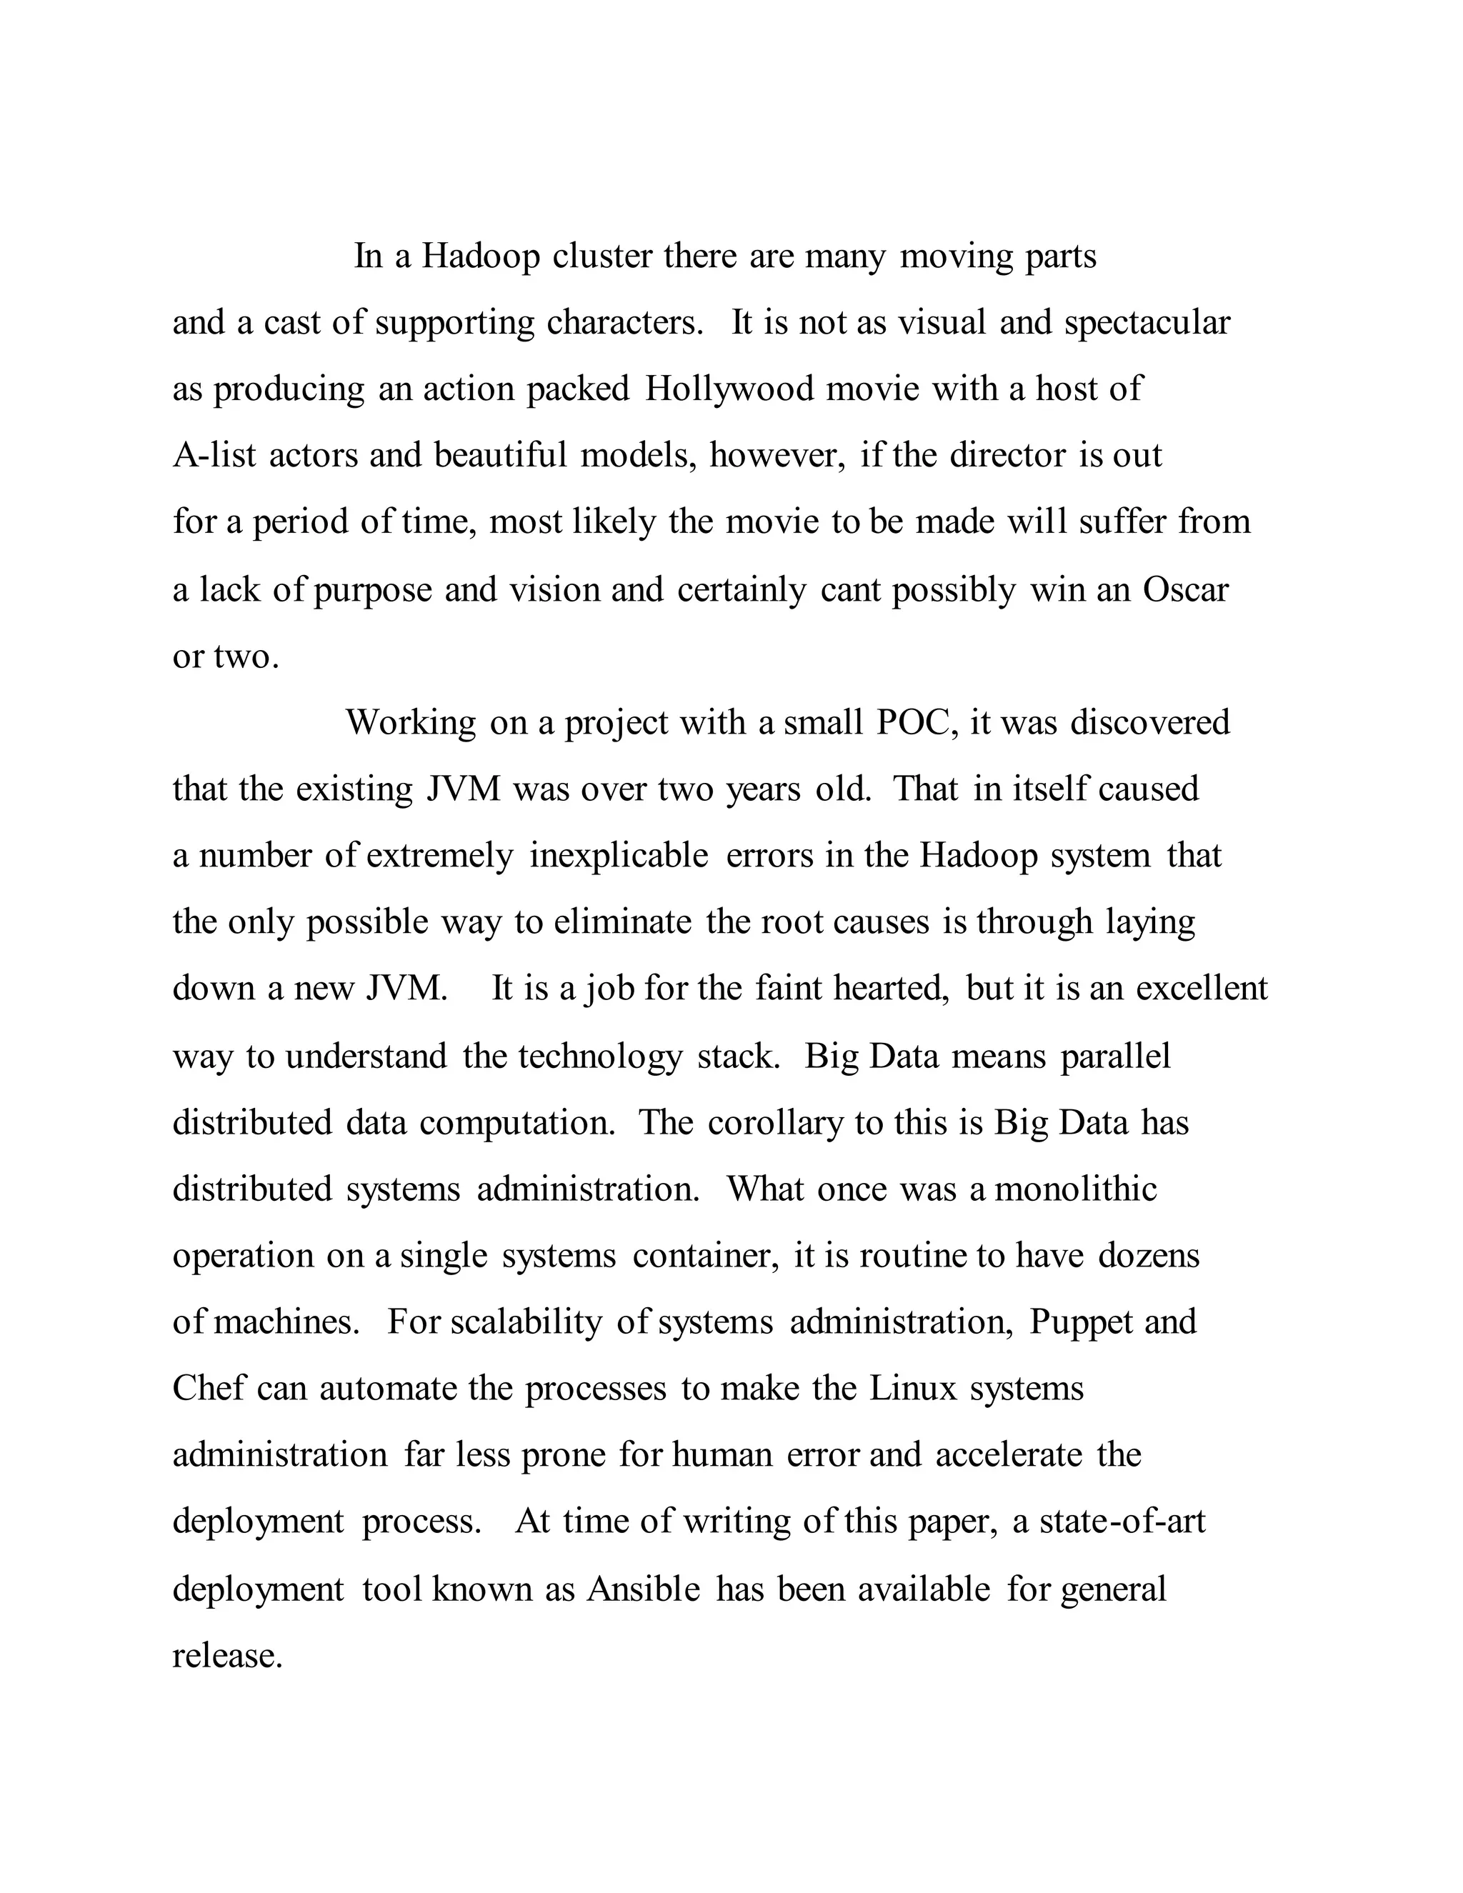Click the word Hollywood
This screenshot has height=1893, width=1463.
[729, 389]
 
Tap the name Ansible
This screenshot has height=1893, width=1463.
[643, 1589]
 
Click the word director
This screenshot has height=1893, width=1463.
[1007, 455]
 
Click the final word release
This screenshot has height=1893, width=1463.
[227, 1656]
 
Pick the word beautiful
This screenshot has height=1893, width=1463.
[500, 455]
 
